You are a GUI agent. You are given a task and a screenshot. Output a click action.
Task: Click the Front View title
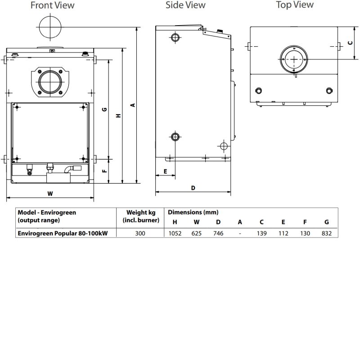point(53,6)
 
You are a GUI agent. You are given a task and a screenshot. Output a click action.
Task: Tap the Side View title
point(185,5)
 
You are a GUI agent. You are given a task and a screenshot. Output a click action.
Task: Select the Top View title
point(295,5)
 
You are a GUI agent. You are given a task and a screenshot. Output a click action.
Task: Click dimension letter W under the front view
point(50,193)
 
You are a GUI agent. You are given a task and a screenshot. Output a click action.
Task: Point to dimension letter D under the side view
point(193,188)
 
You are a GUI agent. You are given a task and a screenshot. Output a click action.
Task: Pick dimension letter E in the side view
point(165,171)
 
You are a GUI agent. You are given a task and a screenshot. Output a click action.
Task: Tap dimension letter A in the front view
point(132,105)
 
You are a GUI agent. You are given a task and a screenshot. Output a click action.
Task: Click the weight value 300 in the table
point(141,234)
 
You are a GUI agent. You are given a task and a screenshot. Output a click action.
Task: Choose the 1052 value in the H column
point(175,234)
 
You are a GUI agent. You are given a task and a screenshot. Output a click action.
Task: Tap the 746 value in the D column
point(218,234)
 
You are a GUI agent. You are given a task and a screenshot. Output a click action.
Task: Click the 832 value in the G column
point(326,234)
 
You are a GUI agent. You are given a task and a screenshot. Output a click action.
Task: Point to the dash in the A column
point(240,234)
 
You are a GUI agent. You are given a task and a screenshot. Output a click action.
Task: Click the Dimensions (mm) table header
point(193,212)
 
